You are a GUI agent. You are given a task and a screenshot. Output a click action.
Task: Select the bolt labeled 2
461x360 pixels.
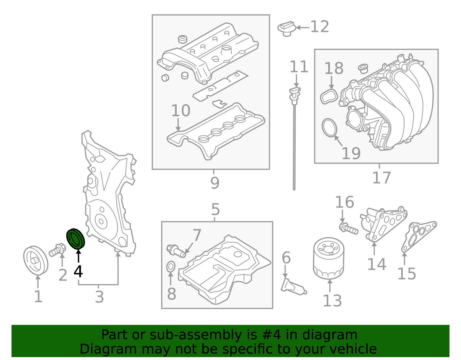tap(58, 250)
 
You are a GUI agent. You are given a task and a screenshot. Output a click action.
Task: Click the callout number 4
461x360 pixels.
tap(78, 271)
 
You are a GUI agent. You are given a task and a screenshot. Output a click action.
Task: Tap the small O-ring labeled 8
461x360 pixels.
tap(171, 267)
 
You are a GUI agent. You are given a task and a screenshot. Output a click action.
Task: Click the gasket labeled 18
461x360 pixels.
tap(329, 96)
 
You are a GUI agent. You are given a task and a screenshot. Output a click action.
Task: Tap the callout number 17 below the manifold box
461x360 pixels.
tap(381, 178)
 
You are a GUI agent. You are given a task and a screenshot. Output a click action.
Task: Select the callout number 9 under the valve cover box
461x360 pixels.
tap(215, 183)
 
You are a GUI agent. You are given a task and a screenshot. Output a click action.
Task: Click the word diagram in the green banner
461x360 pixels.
tap(330, 335)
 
